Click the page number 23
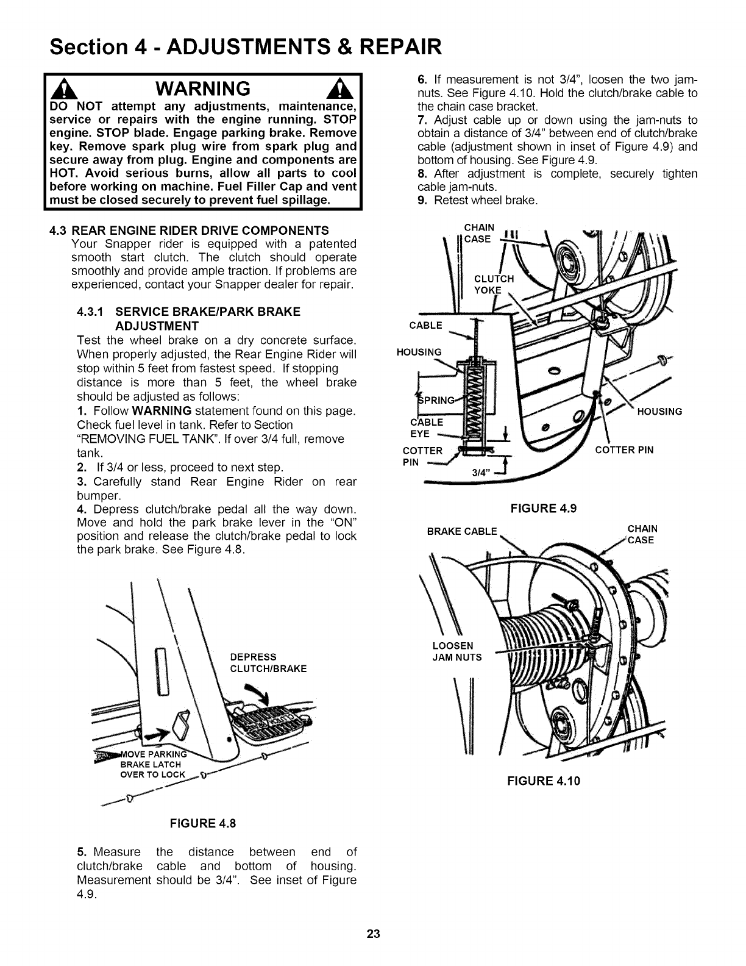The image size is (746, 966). pyautogui.click(x=373, y=934)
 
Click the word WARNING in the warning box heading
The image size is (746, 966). pyautogui.click(x=203, y=89)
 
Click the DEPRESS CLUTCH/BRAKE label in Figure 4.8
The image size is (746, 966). pyautogui.click(x=268, y=662)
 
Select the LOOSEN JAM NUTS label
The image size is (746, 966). pyautogui.click(x=456, y=651)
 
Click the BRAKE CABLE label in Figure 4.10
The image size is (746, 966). pyautogui.click(x=462, y=531)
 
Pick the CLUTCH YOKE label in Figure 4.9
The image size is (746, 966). pyautogui.click(x=493, y=284)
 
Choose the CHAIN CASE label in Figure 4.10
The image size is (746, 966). pyautogui.click(x=642, y=534)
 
